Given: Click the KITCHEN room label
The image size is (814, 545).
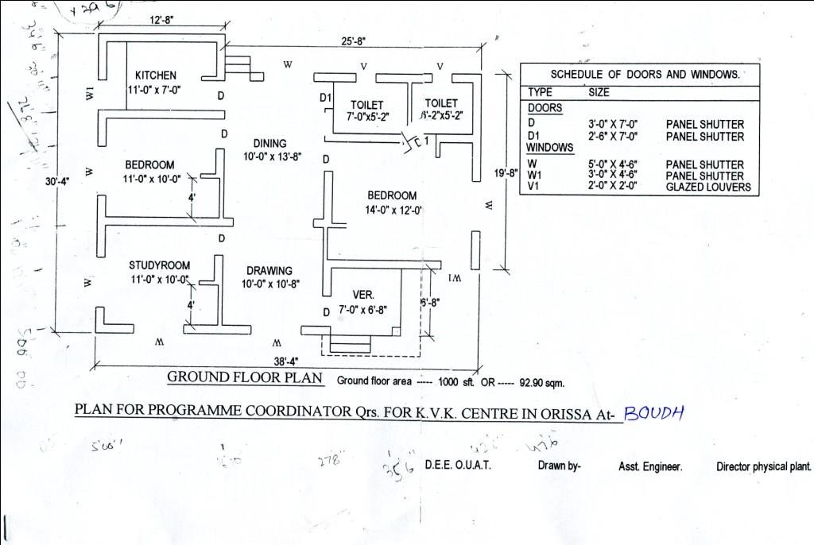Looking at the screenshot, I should click(x=156, y=75).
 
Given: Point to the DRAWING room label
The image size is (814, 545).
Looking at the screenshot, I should click(x=269, y=271).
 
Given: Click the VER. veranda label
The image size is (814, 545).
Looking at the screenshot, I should click(x=363, y=295).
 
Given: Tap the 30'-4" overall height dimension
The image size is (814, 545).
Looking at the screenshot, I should click(x=57, y=181).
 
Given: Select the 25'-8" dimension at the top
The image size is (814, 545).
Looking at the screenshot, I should click(x=354, y=41).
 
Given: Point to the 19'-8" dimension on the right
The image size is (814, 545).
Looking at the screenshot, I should click(x=506, y=172).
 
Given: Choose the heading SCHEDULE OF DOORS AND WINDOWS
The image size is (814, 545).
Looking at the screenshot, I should click(x=645, y=75).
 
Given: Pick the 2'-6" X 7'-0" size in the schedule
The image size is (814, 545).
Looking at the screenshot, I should click(x=615, y=137).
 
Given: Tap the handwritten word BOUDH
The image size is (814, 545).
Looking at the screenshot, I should click(x=654, y=412).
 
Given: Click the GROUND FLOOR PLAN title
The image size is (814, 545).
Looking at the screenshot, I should click(x=245, y=377).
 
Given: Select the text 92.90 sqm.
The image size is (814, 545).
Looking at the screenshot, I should click(x=541, y=382).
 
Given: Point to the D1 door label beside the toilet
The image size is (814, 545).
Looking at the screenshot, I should click(x=324, y=98).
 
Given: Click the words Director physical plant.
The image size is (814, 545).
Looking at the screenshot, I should click(x=763, y=467).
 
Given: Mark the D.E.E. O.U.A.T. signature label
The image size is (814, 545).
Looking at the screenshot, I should click(x=458, y=466).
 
